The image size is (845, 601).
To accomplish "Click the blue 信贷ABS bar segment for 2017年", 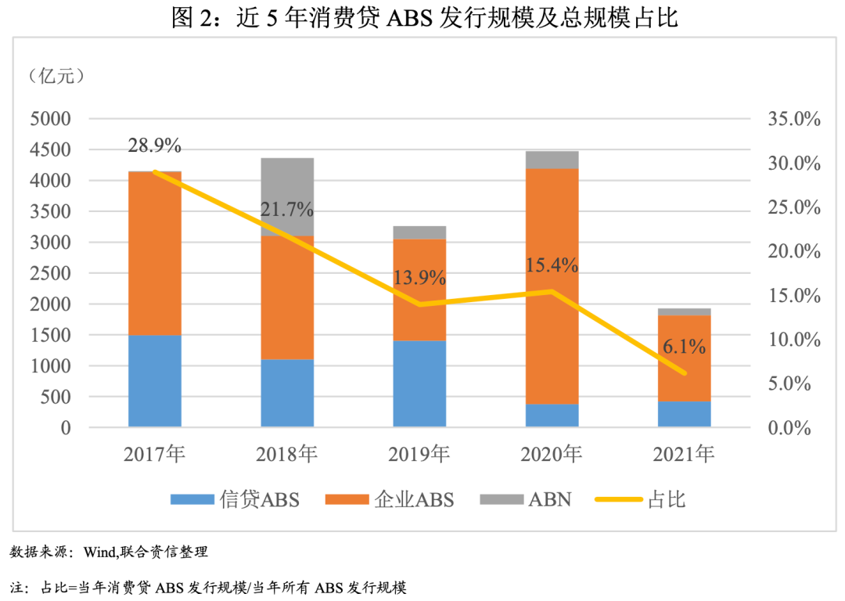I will click(x=155, y=381).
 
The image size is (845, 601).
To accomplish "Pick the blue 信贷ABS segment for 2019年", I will click(x=419, y=383).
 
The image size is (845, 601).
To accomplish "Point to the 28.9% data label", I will click(x=155, y=146).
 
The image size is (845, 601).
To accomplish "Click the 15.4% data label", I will click(x=552, y=265).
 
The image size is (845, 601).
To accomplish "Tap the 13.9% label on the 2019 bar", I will click(x=419, y=278).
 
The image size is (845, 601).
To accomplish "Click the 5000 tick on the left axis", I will click(x=51, y=120).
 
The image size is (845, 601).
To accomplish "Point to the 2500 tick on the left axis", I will click(x=51, y=274).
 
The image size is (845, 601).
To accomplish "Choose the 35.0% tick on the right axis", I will click(x=789, y=120).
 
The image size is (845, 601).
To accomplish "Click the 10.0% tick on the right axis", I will click(x=789, y=340).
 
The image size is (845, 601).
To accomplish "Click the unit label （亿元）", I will click(x=56, y=76).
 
